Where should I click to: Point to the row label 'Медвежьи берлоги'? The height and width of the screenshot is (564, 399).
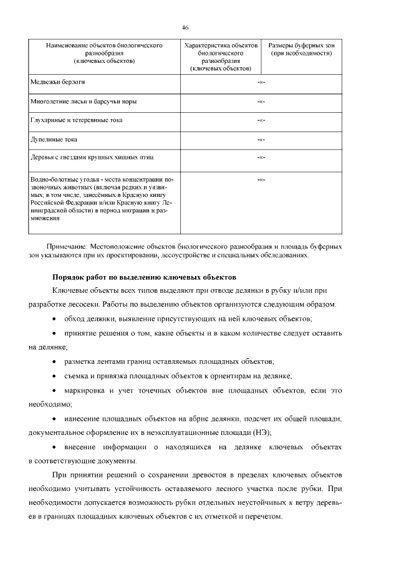point(57,82)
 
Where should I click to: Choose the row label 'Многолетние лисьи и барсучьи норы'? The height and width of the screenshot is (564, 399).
point(84,101)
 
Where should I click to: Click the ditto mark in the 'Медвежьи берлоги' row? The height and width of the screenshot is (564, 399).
point(261,82)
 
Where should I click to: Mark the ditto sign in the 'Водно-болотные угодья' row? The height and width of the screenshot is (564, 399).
point(261,180)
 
